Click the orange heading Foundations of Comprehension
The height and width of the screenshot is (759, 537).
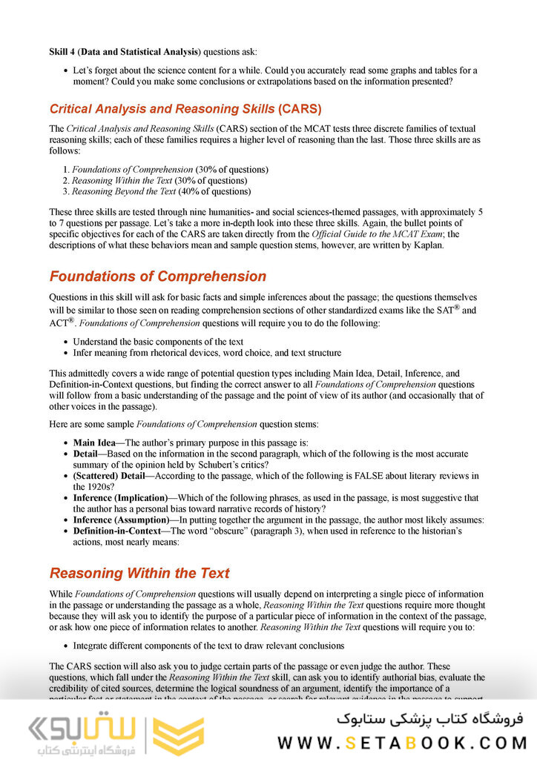pyautogui.click(x=157, y=276)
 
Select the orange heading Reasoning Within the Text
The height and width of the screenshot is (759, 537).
pyautogui.click(x=139, y=573)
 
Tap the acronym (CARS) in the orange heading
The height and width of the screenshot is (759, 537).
pyautogui.click(x=300, y=109)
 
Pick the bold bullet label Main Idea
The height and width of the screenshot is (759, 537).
pyautogui.click(x=93, y=443)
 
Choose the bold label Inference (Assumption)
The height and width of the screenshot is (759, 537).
pyautogui.click(x=121, y=520)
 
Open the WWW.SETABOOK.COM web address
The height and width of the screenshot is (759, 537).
pyautogui.click(x=401, y=742)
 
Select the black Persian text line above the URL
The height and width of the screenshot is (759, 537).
pyautogui.click(x=429, y=718)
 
